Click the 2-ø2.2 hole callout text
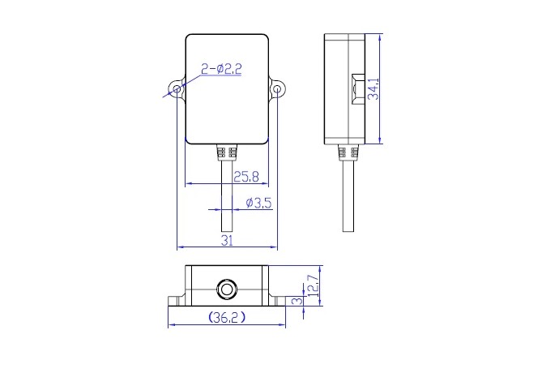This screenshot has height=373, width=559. tap(221, 69)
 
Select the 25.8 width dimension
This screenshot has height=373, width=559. tap(246, 176)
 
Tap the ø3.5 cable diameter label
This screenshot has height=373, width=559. tap(258, 203)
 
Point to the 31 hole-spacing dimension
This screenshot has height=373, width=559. tap(227, 241)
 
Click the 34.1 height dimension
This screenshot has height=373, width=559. tap(373, 88)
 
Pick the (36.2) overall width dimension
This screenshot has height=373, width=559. tap(227, 317)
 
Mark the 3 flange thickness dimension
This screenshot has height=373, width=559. tap(297, 301)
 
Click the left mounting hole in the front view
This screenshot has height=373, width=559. tap(177, 88)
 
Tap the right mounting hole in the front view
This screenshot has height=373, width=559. tap(277, 88)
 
